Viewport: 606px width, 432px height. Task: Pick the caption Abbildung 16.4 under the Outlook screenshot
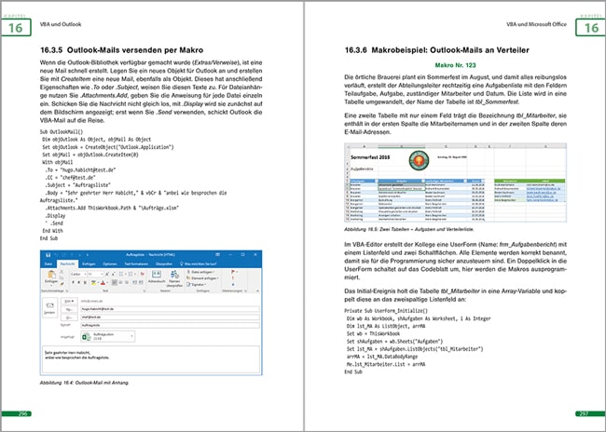click(x=84, y=383)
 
